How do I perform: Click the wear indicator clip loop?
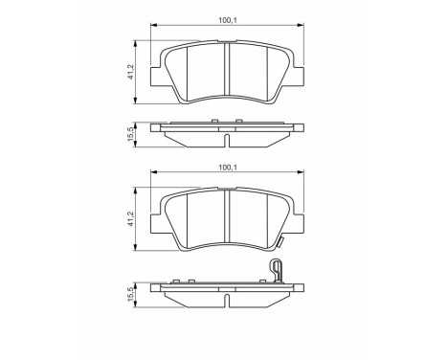click(x=276, y=268)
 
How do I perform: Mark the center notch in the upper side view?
click(x=226, y=142)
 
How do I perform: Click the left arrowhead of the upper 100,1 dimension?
click(x=155, y=26)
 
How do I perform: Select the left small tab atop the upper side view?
click(x=212, y=121)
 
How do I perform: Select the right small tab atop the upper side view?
click(x=240, y=121)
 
